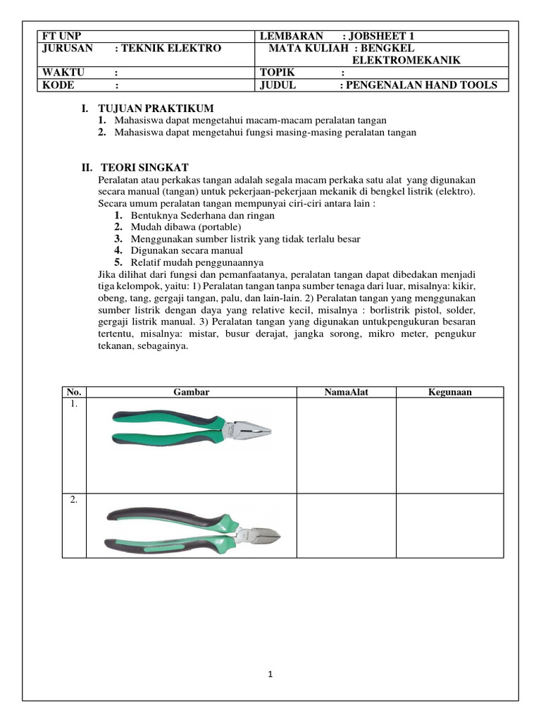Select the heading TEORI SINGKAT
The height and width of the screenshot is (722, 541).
[144, 167]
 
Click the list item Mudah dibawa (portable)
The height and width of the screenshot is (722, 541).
[186, 227]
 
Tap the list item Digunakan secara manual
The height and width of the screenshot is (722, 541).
[187, 250]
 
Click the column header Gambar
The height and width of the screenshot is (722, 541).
[191, 392]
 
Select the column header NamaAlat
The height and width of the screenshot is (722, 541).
[346, 392]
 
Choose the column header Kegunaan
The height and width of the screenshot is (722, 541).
[449, 392]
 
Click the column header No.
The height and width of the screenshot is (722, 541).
[73, 392]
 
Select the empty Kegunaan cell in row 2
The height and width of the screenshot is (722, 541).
[449, 525]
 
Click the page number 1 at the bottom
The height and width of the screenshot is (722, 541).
[270, 674]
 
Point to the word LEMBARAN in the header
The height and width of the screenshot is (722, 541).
[292, 36]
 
